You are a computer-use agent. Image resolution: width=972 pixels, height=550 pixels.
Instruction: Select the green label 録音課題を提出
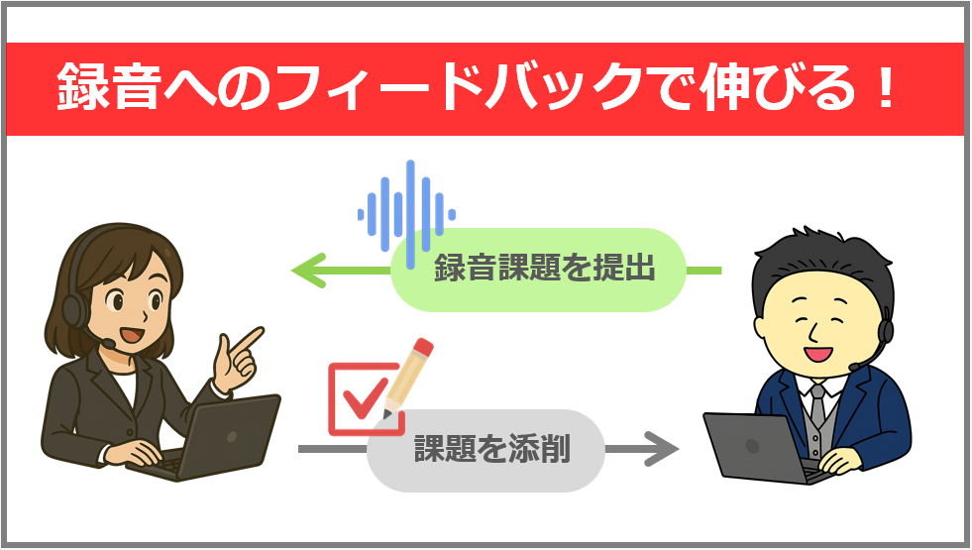(544, 269)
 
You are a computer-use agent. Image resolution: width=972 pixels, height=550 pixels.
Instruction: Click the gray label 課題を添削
(491, 449)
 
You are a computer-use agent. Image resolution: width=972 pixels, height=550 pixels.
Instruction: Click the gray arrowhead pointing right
(662, 448)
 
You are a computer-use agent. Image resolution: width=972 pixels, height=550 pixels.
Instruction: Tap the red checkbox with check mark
(365, 398)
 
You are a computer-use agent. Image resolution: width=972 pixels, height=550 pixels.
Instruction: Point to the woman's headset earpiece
(74, 310)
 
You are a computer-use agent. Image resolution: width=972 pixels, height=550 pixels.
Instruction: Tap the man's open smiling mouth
(817, 354)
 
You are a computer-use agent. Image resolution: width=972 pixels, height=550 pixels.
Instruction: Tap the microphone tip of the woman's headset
(109, 343)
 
